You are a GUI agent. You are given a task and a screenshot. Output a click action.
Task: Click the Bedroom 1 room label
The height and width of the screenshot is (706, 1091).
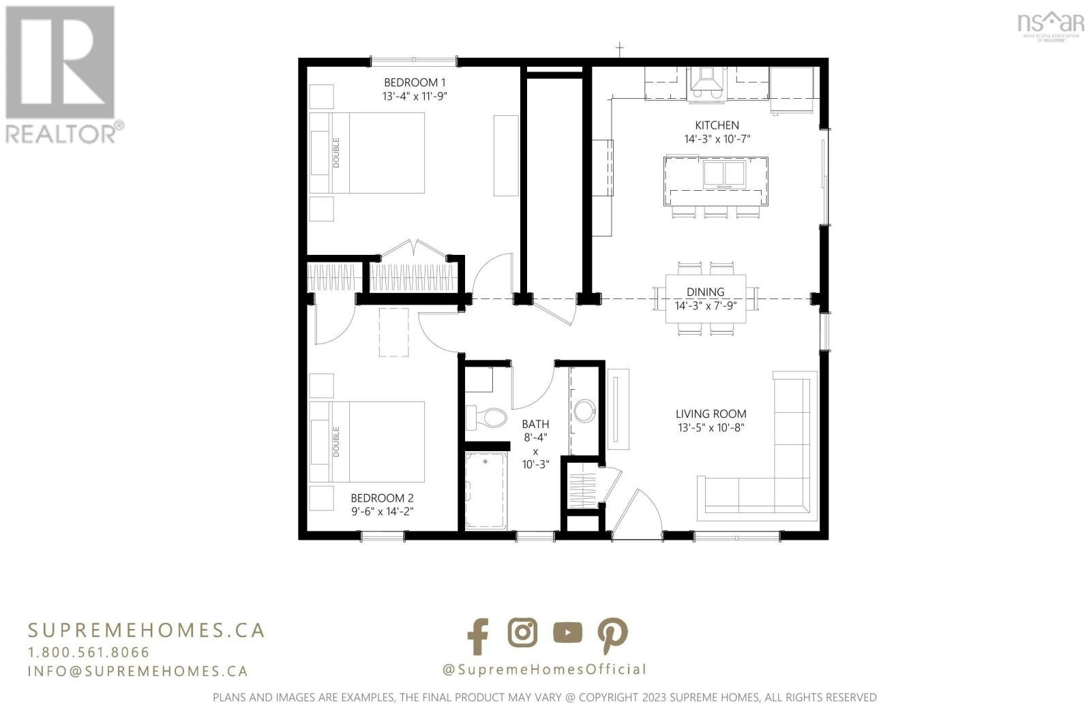pyautogui.click(x=415, y=82)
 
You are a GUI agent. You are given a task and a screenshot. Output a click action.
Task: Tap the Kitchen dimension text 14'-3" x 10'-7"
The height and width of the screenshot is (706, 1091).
pyautogui.click(x=717, y=139)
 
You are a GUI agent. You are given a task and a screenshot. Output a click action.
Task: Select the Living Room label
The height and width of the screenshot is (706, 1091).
pyautogui.click(x=711, y=414)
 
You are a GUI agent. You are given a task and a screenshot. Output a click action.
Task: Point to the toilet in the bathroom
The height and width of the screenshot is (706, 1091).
pyautogui.click(x=486, y=418)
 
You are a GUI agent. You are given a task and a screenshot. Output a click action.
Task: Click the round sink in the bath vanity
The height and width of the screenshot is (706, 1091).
pyautogui.click(x=584, y=411)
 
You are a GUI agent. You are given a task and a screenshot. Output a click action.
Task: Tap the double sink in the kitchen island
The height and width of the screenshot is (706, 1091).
pyautogui.click(x=724, y=174)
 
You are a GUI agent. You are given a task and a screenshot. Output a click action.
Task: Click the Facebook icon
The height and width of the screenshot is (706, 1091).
pyautogui.click(x=478, y=636)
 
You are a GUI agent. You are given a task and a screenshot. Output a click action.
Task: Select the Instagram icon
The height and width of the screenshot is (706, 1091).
pyautogui.click(x=522, y=632)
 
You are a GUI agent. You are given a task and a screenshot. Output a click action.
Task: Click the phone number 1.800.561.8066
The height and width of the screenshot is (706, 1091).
pyautogui.click(x=89, y=652)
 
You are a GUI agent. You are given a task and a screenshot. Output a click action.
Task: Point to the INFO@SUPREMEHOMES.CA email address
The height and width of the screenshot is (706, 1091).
pyautogui.click(x=138, y=671)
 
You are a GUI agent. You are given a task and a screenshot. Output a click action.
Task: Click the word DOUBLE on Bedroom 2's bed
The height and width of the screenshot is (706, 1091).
pyautogui.click(x=336, y=442)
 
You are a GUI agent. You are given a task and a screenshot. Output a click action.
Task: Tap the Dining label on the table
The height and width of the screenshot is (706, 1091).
pyautogui.click(x=705, y=292)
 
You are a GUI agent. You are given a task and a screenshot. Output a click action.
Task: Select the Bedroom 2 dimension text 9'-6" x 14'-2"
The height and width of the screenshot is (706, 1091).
pyautogui.click(x=383, y=511)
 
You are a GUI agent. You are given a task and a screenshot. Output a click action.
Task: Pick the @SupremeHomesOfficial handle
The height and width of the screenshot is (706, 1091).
pyautogui.click(x=544, y=669)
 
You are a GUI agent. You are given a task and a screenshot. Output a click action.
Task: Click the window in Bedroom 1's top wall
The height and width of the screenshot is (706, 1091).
pyautogui.click(x=413, y=61)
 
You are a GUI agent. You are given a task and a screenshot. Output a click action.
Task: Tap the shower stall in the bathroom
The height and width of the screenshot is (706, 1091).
pyautogui.click(x=485, y=491)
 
